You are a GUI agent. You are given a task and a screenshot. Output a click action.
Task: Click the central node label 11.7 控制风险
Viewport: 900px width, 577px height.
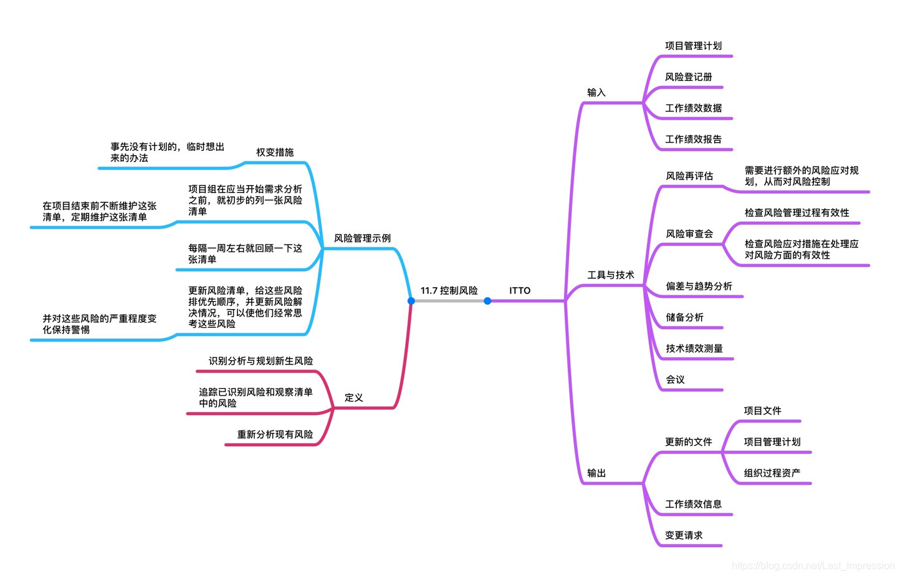coord(449,290)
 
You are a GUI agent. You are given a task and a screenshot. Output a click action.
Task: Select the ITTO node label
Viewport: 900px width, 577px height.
coord(520,290)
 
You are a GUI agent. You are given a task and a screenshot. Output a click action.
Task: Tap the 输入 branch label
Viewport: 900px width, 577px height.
coord(596,92)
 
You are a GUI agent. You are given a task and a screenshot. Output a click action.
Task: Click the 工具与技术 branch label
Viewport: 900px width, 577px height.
coord(610,275)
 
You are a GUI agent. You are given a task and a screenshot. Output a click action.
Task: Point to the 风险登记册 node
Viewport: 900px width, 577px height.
coord(688,77)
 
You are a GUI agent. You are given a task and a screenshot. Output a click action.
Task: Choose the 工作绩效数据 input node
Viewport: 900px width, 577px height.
coord(693,108)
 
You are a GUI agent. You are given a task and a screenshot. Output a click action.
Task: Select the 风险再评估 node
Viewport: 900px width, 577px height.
coord(689,176)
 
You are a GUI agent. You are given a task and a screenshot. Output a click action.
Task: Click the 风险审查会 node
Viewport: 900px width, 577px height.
coord(689,234)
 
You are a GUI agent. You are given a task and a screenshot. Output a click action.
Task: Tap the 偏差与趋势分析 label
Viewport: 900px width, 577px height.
coord(699,286)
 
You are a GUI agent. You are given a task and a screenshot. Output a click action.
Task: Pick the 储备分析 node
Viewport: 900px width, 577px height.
coord(684,317)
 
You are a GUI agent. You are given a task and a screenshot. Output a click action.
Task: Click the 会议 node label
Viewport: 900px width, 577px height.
coord(675,379)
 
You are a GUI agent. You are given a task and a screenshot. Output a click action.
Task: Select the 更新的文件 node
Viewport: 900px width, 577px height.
coord(688,442)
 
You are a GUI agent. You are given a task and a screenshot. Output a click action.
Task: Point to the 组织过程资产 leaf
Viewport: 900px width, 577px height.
coord(772,473)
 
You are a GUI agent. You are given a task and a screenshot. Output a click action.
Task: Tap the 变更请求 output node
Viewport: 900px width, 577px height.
coord(684,535)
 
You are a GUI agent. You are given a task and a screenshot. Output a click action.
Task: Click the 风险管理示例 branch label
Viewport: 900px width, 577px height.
coord(362,238)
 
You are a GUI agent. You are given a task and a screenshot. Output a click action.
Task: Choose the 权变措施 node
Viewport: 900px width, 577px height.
coord(274,152)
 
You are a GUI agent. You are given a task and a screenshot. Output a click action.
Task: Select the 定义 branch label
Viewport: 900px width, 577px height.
coord(353,398)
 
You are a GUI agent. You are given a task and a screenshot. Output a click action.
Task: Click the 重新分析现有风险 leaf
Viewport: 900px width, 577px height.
coord(275,434)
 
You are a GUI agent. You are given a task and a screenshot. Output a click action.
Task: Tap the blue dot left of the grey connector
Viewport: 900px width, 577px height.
coord(411,301)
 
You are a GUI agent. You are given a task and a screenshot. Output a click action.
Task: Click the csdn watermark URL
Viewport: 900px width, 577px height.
coord(813,566)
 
